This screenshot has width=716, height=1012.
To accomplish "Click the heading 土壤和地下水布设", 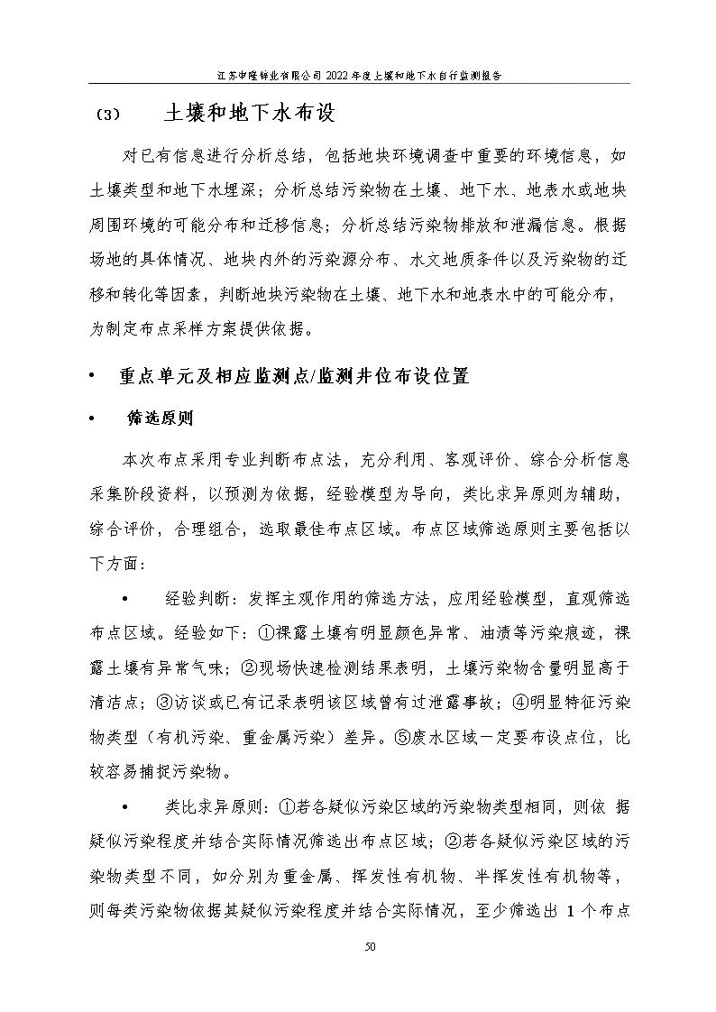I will (250, 114).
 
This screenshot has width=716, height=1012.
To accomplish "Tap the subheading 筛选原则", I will (160, 419).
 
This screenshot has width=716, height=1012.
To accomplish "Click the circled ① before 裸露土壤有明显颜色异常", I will (265, 633).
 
